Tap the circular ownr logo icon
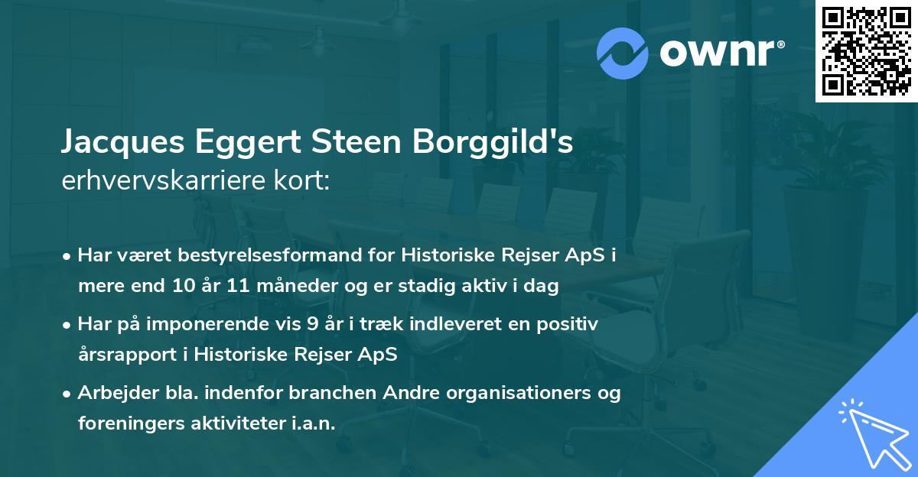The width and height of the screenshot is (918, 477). (623, 53)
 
